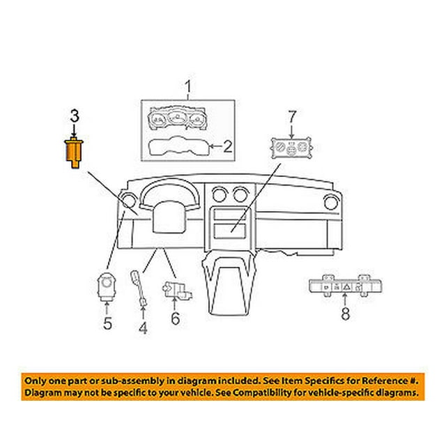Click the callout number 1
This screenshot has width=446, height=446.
[x=187, y=88]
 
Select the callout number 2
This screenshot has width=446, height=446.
[x=228, y=146]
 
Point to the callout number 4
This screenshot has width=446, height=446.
[x=143, y=327]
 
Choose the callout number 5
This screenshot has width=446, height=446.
[x=107, y=323]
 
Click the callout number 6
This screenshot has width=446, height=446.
[x=175, y=319]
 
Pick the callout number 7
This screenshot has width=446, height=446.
[x=293, y=114]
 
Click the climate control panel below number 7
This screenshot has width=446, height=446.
[x=293, y=150]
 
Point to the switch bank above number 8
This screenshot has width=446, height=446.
[x=341, y=285]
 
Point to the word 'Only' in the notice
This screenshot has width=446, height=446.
[x=39, y=382]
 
